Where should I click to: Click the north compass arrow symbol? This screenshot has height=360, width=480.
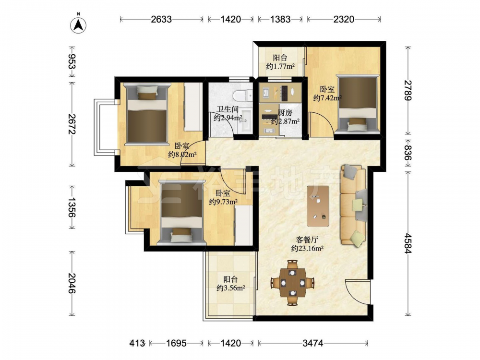tap(78, 25)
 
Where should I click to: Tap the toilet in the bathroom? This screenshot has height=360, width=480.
tap(243, 95)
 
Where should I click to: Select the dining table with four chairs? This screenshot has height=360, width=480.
tap(293, 283)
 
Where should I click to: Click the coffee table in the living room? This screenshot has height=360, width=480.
tap(318, 206)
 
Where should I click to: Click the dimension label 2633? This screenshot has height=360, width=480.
tap(161, 19)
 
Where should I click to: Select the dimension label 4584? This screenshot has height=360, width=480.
tap(408, 243)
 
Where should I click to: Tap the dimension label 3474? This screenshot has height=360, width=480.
tap(313, 343)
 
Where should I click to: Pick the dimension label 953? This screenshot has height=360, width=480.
tap(72, 62)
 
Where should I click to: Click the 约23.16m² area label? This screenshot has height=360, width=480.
tap(307, 249)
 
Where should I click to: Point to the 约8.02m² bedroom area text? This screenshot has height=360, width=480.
tap(182, 155)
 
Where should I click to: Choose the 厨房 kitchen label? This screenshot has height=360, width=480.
tap(285, 113)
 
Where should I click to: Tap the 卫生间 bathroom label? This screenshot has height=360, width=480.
tap(228, 109)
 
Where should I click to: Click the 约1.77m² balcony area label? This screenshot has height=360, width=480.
tap(280, 66)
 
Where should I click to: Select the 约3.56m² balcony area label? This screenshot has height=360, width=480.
tap(231, 288)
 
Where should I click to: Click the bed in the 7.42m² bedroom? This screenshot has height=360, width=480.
tap(357, 104)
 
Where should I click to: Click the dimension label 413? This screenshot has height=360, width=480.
tap(137, 343)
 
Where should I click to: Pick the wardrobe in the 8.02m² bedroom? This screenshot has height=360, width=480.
tap(193, 107)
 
